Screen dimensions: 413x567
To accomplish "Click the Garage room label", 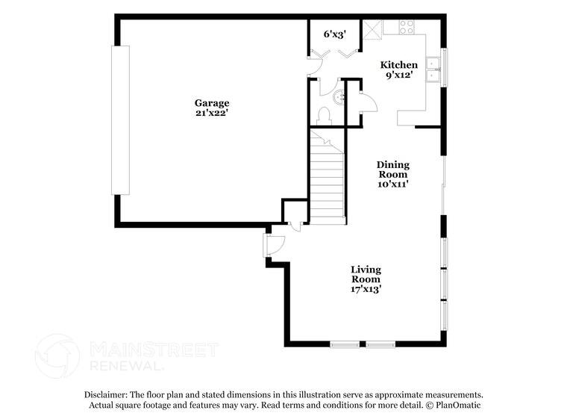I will click(x=212, y=103).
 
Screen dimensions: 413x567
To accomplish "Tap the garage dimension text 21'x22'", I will click(x=212, y=113).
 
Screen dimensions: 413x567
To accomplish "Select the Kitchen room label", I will click(x=399, y=65).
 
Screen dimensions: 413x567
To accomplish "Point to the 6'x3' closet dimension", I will click(x=333, y=34).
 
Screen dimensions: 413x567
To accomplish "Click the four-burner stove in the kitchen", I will click(x=407, y=28).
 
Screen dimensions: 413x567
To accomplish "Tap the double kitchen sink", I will click(x=432, y=69).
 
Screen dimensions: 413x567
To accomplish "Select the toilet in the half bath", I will click(x=324, y=116).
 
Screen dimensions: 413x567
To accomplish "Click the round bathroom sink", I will click(x=338, y=96).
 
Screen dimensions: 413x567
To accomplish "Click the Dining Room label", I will click(x=392, y=170).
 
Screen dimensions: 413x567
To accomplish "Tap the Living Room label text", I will click(x=366, y=274).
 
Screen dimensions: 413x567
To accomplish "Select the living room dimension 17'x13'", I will click(x=366, y=288).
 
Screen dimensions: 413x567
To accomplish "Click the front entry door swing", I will click(x=275, y=245).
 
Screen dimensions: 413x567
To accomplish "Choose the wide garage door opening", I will click(x=120, y=119).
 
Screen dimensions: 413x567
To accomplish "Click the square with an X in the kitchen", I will click(x=372, y=28).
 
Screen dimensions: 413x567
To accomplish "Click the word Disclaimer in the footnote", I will click(x=105, y=394).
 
